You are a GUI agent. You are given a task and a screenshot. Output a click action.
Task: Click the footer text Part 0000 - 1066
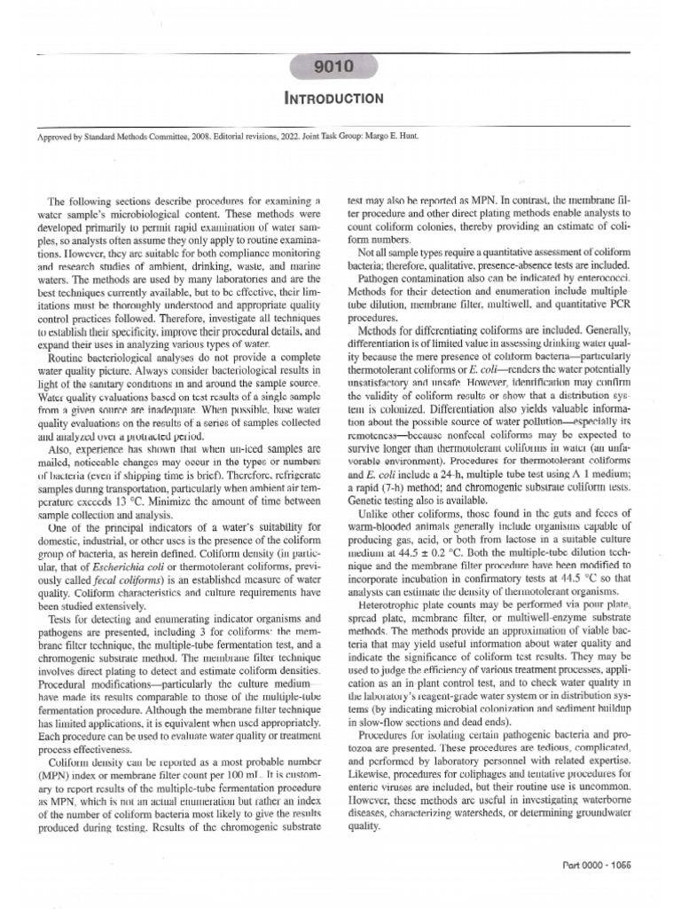pos(607,866)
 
